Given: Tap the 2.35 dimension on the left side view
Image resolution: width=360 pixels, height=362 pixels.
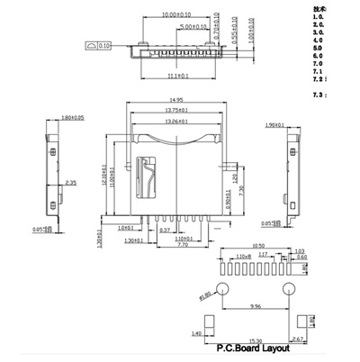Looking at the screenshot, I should click(70, 183).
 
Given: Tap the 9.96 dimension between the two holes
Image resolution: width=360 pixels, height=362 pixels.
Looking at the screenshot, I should click(256, 306).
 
